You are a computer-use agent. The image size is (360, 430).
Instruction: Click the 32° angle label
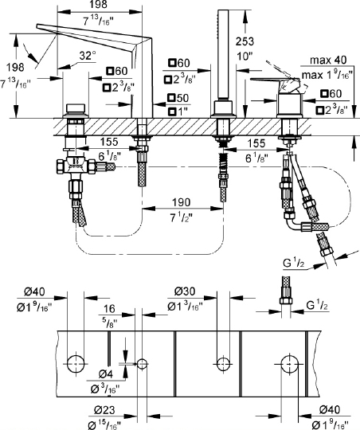click(x=88, y=56)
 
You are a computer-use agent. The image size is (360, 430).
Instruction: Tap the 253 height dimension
click(x=245, y=41)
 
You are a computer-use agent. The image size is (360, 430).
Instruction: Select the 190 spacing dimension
click(x=181, y=202)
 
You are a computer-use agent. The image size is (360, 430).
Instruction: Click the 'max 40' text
click(x=328, y=60)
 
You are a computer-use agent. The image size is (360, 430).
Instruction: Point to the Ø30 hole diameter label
click(x=185, y=291)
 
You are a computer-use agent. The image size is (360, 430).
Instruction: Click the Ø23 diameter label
click(x=104, y=410)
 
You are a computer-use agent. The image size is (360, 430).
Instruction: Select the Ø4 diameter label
click(x=105, y=374)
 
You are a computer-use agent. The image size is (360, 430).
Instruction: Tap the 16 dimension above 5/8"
click(x=109, y=309)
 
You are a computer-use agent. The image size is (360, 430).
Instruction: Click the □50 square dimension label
click(x=178, y=98)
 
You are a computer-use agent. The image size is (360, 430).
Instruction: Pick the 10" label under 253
click(x=245, y=57)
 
